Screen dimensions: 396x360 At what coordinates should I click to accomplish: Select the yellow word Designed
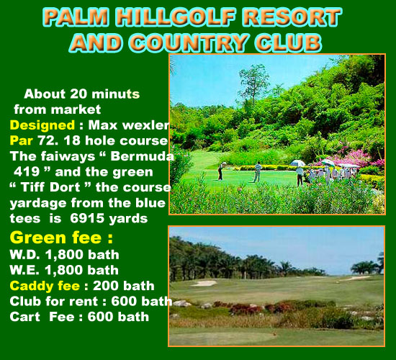pos(42,125)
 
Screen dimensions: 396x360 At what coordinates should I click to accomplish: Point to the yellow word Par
pos(21,140)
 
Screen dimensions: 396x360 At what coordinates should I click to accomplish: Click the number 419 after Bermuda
pos(27,171)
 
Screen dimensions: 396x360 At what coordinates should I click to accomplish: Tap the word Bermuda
pos(142,156)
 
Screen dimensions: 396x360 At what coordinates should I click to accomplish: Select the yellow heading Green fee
pos(61,238)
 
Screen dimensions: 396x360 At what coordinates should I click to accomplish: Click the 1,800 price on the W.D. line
pos(64,255)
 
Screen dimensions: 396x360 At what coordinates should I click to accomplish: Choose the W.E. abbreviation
pos(24,270)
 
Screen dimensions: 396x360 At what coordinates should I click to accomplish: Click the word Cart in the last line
pos(24,317)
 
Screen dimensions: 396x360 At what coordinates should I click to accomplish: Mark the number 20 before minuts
pos(78,94)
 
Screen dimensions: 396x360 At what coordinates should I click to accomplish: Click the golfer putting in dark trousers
pos(221,171)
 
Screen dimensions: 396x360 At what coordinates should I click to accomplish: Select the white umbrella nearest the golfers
pos(297,163)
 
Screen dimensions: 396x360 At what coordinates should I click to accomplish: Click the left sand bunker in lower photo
pos(204,283)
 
